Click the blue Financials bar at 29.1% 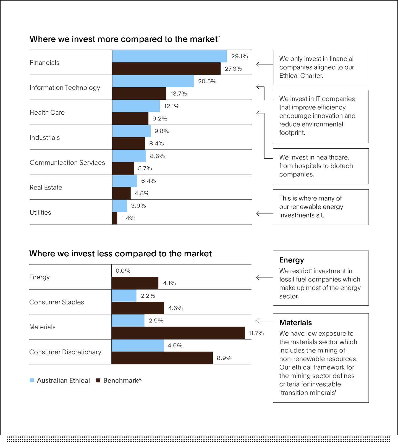click(x=169, y=56)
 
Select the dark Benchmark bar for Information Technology click(x=139, y=94)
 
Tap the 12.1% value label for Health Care click(x=172, y=106)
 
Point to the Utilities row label click(x=40, y=212)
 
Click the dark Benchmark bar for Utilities click(x=115, y=218)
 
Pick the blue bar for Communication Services click(x=129, y=156)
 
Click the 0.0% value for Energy click(x=123, y=271)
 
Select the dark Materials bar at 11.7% click(x=178, y=333)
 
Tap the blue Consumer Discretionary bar click(x=138, y=346)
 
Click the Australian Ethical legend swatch click(x=32, y=380)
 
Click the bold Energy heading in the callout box click(x=292, y=260)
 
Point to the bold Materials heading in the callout click(x=295, y=323)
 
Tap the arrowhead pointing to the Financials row click(x=258, y=64)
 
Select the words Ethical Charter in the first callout click(x=301, y=76)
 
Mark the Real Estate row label click(x=46, y=188)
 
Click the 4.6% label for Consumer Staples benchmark click(x=176, y=308)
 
